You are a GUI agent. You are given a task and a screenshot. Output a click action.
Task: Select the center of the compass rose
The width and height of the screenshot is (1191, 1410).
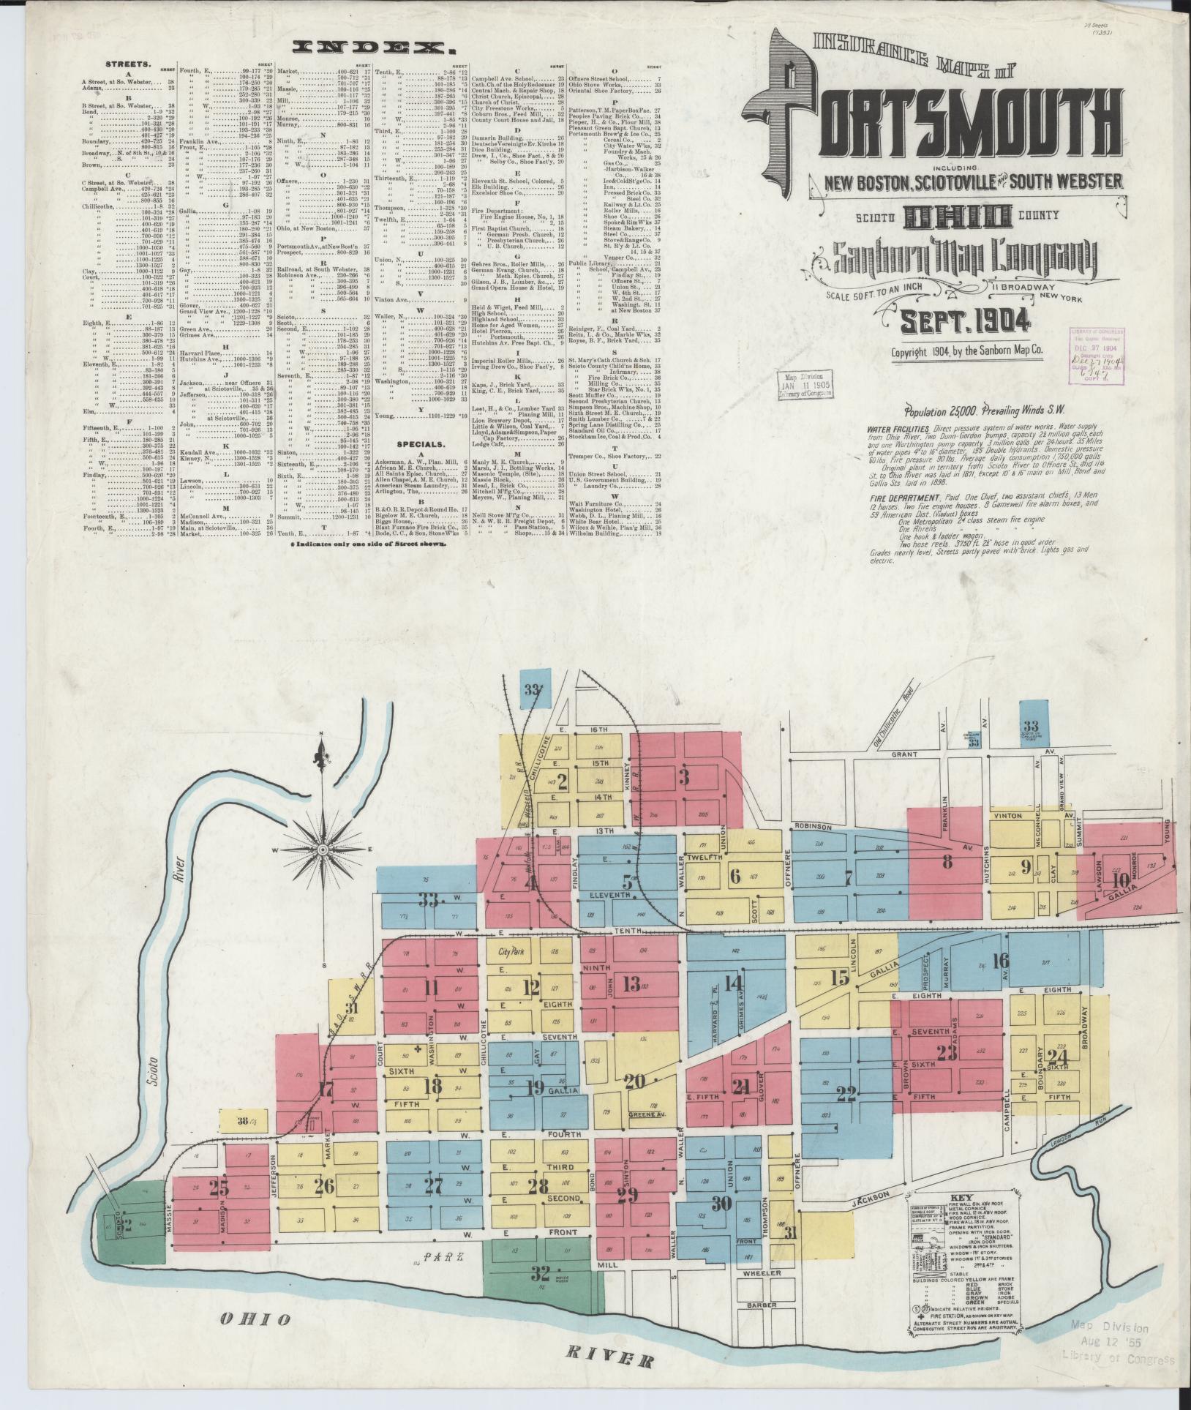322,849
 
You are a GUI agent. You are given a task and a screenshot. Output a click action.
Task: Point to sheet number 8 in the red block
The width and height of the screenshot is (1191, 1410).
948,862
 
